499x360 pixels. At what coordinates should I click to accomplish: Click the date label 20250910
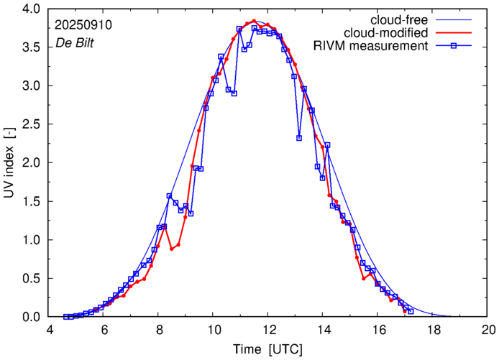click(x=83, y=24)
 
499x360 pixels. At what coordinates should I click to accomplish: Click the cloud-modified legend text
click(x=385, y=33)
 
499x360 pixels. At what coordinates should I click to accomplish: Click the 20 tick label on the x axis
click(x=488, y=330)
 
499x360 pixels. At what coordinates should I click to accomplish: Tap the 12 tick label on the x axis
click(x=267, y=330)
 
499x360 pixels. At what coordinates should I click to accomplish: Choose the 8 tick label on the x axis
click(x=158, y=330)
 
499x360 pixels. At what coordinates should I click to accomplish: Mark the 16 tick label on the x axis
click(x=377, y=330)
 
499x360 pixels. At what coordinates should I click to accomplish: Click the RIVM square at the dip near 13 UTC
click(x=299, y=138)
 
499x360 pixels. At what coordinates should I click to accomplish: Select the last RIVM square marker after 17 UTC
click(x=411, y=311)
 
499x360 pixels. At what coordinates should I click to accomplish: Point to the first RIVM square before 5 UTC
click(x=66, y=316)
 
